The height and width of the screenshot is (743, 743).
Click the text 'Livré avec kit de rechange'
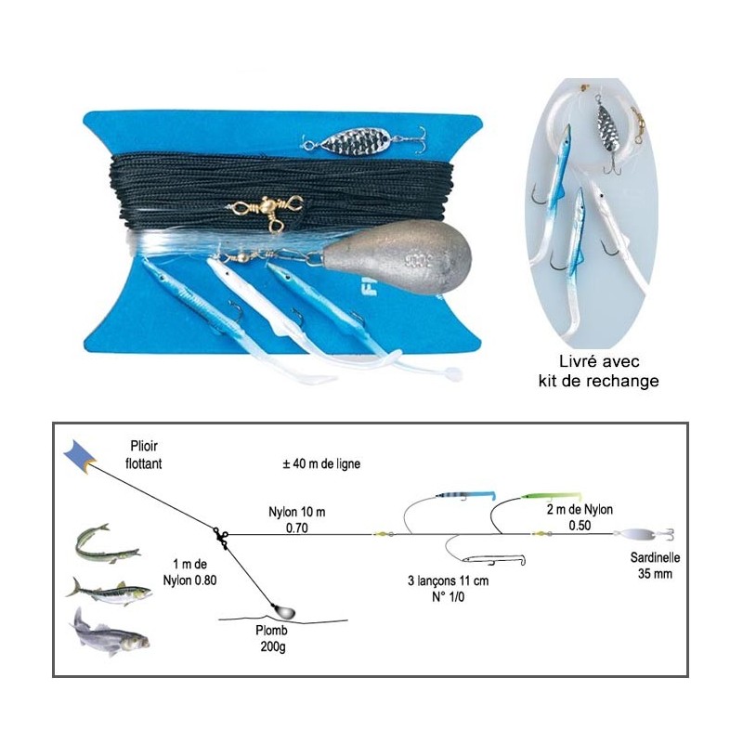[598, 371]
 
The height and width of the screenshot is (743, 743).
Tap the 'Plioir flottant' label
[144, 455]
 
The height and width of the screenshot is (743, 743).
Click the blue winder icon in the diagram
[79, 457]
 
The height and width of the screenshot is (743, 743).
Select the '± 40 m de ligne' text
[321, 463]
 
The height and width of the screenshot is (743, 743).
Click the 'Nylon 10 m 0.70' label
[297, 520]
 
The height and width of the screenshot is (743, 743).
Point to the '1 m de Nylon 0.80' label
[190, 572]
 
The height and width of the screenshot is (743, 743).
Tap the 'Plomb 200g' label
[272, 638]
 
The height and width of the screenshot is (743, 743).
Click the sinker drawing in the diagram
[283, 611]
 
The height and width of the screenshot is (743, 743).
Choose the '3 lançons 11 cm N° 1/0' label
[449, 589]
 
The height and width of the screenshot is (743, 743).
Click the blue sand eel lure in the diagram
[465, 496]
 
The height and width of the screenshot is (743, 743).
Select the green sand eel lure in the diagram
[551, 496]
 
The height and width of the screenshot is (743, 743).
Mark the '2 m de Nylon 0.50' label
[580, 517]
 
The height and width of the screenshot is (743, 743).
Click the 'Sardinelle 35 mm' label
[655, 566]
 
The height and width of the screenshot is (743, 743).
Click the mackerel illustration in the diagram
[109, 592]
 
